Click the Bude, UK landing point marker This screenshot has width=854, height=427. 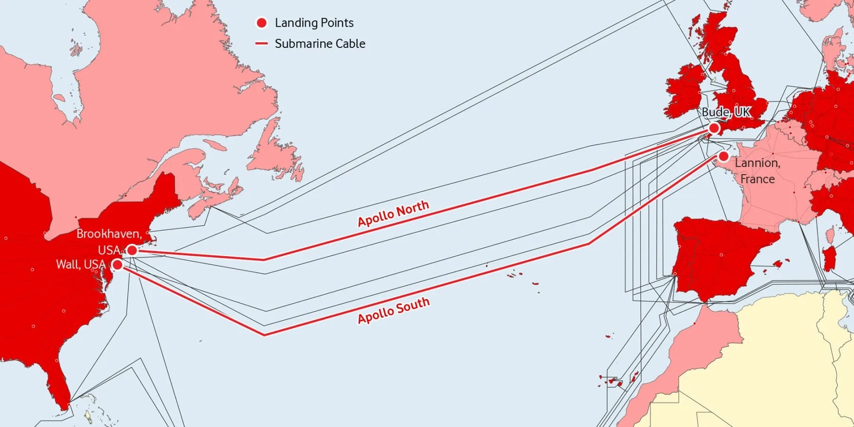[714, 128]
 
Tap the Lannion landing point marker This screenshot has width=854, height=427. [724, 156]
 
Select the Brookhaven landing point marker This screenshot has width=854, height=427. [132, 250]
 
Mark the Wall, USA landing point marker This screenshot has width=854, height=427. [117, 265]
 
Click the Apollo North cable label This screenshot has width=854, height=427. [393, 213]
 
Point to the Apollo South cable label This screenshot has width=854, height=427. [394, 310]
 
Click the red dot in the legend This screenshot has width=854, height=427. [261, 23]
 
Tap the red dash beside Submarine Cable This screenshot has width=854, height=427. [261, 44]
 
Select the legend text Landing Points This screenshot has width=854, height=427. [314, 23]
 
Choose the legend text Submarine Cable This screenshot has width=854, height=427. [320, 44]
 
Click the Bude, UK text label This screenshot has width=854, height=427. [726, 112]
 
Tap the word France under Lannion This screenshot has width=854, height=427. [757, 179]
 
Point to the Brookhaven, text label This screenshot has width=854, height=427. [109, 234]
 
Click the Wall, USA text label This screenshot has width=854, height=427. [81, 264]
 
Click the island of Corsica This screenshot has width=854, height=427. [830, 235]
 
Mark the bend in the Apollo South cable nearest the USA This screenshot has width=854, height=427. [264, 335]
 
